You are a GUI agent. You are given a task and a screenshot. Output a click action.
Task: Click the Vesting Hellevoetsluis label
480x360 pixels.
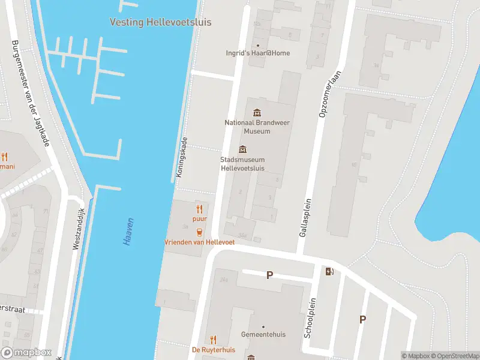coord(160,22)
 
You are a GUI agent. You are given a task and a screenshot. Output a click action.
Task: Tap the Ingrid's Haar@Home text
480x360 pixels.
coord(257,53)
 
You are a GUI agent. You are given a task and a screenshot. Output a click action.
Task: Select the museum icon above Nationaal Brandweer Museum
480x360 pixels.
coord(257,112)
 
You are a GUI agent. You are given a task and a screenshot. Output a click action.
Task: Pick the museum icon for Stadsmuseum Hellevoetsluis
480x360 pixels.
coord(243,149)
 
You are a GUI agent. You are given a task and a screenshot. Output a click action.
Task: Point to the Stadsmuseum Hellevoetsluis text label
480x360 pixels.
coord(243,164)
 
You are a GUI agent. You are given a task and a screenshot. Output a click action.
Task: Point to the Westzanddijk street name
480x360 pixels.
coord(77,229)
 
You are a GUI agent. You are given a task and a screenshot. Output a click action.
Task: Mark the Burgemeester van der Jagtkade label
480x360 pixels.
coord(29,93)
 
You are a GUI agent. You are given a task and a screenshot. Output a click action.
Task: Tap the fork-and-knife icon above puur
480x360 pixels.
coord(200,209)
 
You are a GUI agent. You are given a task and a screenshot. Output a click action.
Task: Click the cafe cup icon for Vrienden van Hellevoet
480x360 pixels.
coord(200,232)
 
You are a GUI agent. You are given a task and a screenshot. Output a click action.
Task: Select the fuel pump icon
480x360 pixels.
coord(329,271)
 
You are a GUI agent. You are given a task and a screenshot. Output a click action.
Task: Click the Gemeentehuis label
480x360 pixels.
coord(263,334)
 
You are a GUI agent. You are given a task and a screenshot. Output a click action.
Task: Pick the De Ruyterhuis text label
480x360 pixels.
coord(214,350)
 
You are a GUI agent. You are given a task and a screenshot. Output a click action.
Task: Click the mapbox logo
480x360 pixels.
coord(25,353)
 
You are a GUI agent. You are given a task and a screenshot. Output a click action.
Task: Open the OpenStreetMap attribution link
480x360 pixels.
coord(454,356)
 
